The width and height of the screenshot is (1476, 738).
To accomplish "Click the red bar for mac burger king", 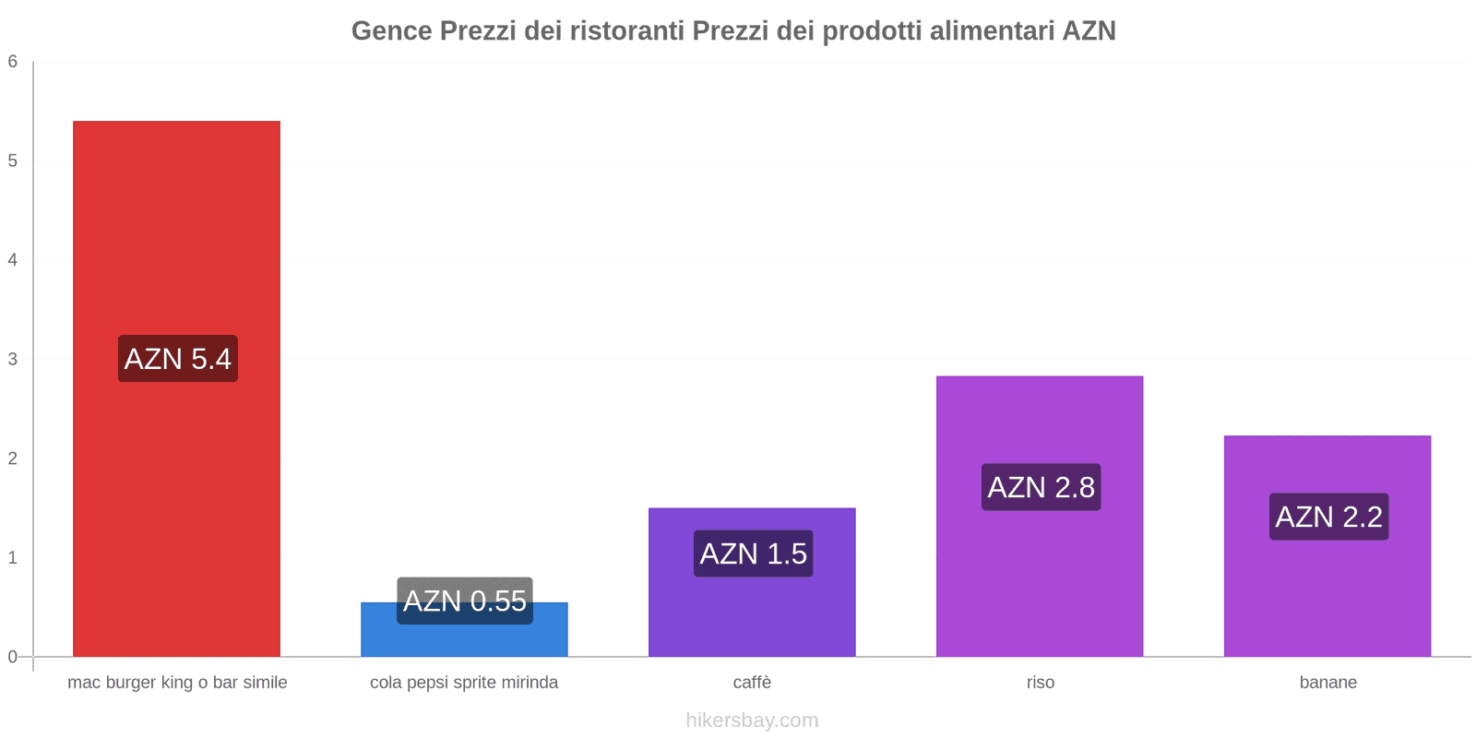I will (x=176, y=231).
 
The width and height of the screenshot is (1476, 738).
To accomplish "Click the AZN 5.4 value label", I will (x=178, y=359).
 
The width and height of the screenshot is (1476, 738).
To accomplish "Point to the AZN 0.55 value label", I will (x=465, y=601).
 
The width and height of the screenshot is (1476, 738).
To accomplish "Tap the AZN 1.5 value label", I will (x=754, y=553).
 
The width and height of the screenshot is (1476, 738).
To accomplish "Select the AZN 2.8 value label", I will (x=1042, y=487).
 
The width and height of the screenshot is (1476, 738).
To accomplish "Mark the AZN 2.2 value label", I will (x=1329, y=517).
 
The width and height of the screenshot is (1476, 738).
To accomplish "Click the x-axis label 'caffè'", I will (x=752, y=683).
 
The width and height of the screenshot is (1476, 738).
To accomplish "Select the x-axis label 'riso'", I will (x=1041, y=683).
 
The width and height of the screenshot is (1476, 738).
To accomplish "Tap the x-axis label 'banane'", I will (x=1328, y=683).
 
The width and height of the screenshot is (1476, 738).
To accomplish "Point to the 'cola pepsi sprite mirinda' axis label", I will (x=464, y=683).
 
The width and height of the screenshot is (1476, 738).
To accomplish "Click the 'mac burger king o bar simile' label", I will (x=177, y=683).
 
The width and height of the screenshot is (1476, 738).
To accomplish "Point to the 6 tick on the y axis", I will (x=13, y=62).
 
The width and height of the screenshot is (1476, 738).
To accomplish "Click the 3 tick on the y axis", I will (x=13, y=359).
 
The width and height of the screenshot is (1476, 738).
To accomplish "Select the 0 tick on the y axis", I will (x=13, y=657).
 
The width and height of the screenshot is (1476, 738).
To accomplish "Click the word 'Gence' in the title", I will (x=392, y=31).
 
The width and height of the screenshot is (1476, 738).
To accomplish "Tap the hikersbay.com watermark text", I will (x=752, y=720).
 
